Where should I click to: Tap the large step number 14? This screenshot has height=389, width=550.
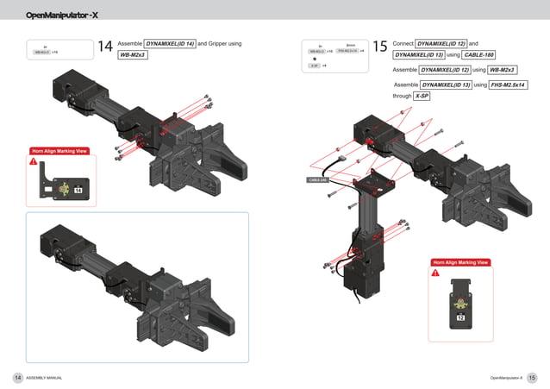pos(105,47)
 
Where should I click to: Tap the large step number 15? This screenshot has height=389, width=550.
pos(380,47)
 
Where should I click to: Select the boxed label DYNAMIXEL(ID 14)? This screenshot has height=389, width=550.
pos(169,43)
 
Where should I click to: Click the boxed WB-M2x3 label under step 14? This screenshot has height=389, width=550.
pos(133,55)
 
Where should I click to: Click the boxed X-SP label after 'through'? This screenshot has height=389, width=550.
pos(422,97)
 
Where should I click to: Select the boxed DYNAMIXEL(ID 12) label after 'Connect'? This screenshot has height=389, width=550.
pos(441,43)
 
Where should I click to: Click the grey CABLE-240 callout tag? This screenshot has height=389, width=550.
pos(318,180)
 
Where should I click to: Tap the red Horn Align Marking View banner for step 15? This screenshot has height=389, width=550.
pos(460,262)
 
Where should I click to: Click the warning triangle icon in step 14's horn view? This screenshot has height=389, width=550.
pos(34,161)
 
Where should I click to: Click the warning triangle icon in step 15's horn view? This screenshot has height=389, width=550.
pos(435,273)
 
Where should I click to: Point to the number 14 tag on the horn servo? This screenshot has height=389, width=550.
pos(78,190)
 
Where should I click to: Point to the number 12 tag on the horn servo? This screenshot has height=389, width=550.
pos(460,318)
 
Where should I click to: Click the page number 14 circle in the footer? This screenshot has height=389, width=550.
pos(17,378)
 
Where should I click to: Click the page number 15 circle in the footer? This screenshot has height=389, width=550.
pos(532,378)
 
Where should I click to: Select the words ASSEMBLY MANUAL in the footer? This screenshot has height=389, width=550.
pos(44,378)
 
